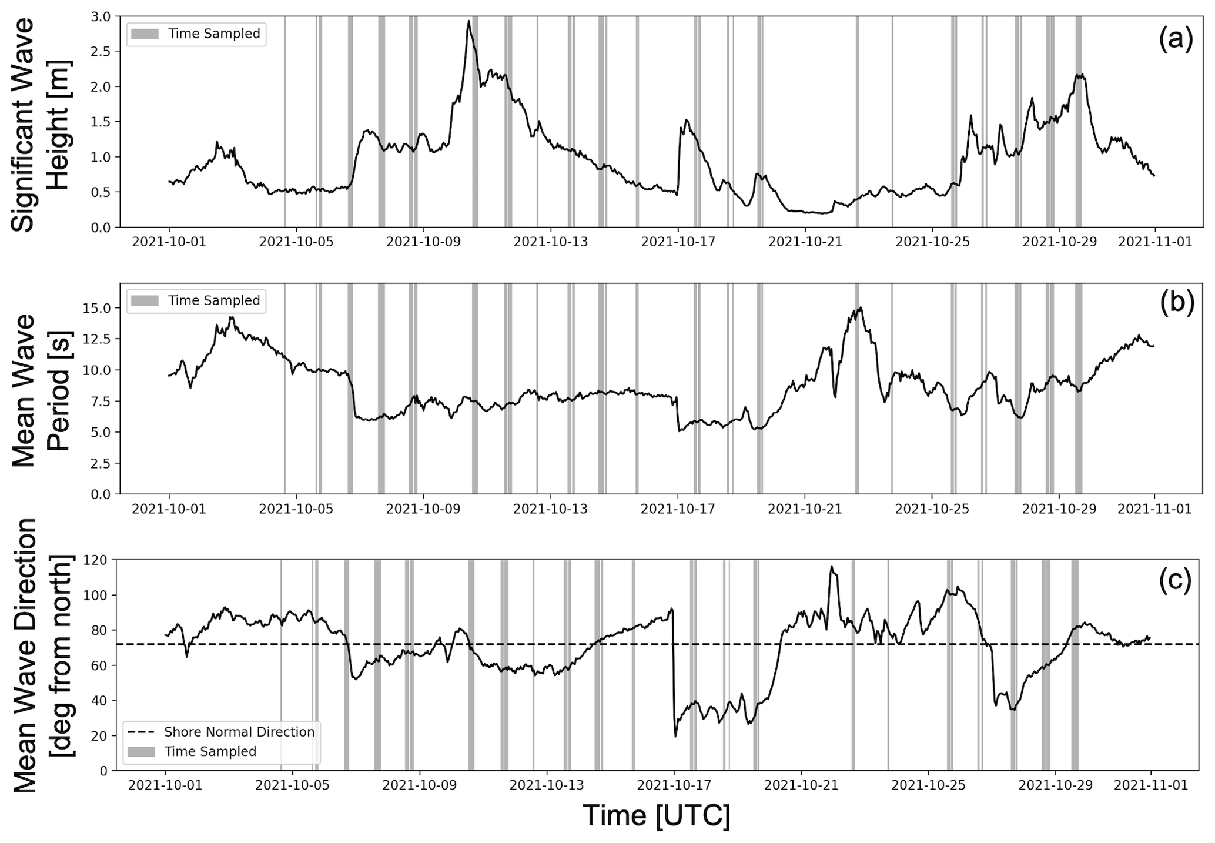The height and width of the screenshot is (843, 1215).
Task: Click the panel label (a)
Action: point(1176,40)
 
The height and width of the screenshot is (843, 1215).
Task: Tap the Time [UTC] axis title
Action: point(656,817)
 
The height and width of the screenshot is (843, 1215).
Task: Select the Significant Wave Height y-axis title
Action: point(41,124)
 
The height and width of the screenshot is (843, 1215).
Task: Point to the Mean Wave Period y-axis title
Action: point(41,390)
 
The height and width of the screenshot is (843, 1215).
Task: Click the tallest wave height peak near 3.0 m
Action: point(468,21)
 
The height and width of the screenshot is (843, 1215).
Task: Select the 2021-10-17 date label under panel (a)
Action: point(678,242)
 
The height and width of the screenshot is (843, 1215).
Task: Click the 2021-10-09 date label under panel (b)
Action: point(423,509)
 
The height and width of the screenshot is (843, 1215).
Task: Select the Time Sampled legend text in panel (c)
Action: point(210,751)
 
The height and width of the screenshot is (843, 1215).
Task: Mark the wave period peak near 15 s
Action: point(861,307)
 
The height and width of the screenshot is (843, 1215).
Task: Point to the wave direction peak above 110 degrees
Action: point(832,567)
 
